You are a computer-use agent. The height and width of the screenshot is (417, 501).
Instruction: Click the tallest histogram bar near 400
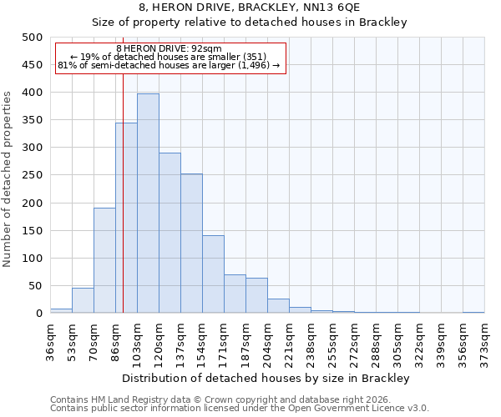[148, 203]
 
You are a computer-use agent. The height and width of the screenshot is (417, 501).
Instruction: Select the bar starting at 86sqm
[126, 218]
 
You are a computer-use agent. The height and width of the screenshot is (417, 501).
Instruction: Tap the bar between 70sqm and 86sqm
[104, 260]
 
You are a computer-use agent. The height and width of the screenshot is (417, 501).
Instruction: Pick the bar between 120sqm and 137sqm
[170, 233]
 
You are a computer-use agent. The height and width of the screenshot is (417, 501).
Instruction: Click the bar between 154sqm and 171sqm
[213, 274]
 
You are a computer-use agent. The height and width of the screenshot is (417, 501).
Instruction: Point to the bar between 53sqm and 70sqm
[83, 300]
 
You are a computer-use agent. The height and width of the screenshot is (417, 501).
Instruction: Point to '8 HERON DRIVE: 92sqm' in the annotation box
[170, 49]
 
